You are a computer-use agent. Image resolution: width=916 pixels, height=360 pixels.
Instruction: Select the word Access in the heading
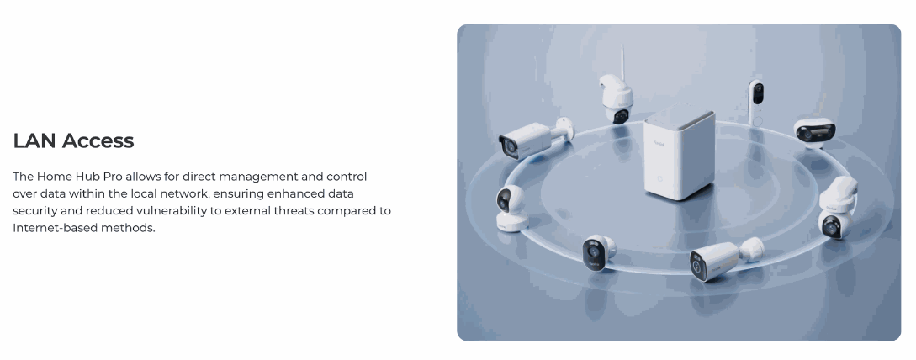[x=98, y=140]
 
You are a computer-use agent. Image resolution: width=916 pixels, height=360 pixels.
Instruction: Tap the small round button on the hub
[x=659, y=179]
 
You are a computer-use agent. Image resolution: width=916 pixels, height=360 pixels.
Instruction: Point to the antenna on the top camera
[x=621, y=61]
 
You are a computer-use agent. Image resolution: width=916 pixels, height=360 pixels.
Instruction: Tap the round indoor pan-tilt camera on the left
[x=511, y=208]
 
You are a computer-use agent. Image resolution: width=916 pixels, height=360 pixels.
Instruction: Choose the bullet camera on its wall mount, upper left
[x=534, y=138]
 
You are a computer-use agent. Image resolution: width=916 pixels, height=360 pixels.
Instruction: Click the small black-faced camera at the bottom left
[x=598, y=252]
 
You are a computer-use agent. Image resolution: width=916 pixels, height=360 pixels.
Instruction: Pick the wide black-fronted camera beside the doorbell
[x=814, y=131]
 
